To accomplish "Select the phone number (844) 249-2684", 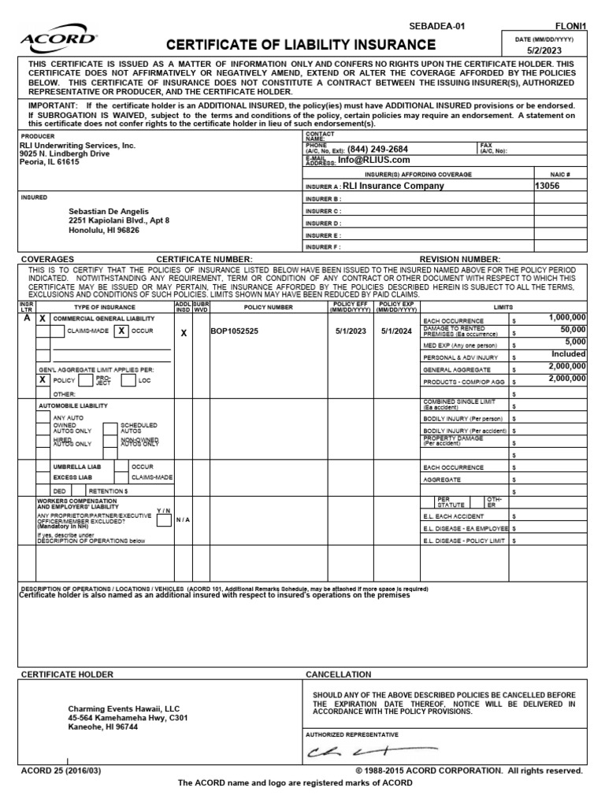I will pos(377,149).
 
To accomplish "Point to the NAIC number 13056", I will pos(551,187).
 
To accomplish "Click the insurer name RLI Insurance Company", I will pos(392,187).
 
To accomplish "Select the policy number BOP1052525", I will pos(234,331).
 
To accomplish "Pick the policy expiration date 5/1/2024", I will pos(395,331).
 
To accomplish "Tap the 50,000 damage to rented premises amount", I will pos(573,330).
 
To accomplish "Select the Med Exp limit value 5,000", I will pos(575,342).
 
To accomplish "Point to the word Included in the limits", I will pos(568,354).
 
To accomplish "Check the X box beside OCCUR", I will pos(121,331).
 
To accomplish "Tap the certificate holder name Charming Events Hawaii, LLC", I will pos(124,708).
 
